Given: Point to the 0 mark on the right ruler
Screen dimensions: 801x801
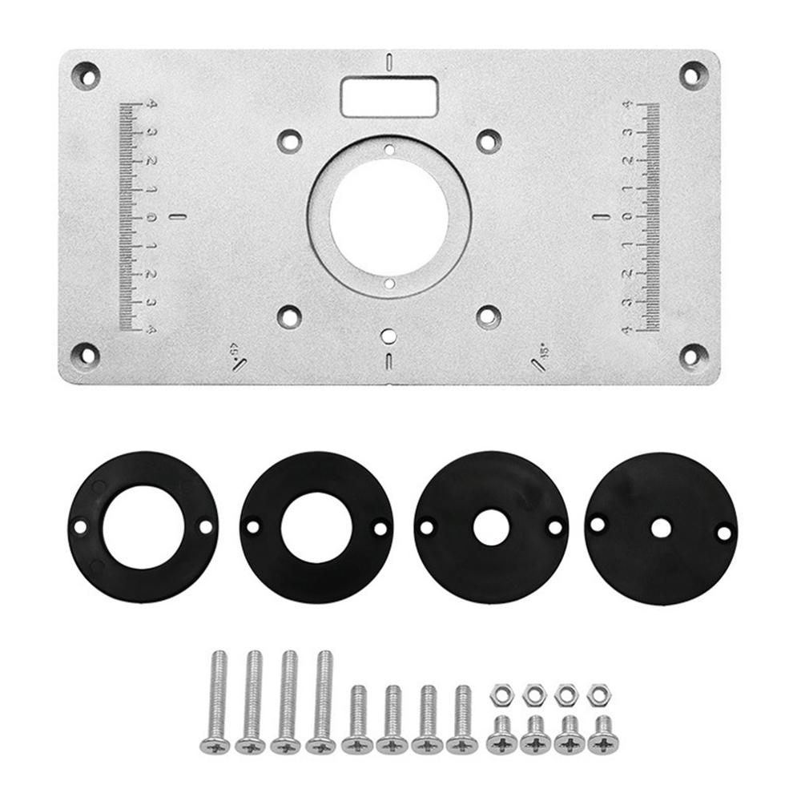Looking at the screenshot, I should coord(629,217).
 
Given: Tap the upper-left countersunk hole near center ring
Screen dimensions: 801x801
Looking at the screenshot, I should coord(287,140).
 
